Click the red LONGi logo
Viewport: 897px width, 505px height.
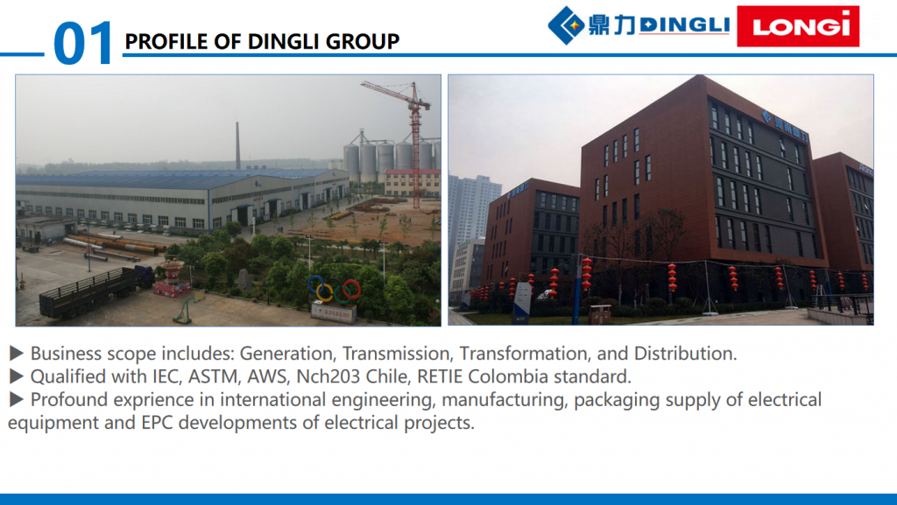click(798, 26)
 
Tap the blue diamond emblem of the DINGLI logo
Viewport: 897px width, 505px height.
click(567, 25)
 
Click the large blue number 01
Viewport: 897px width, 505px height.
click(83, 43)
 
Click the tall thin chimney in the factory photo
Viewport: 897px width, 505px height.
click(238, 145)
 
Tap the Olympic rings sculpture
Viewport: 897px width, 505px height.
click(334, 289)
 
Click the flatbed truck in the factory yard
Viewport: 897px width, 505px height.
click(96, 291)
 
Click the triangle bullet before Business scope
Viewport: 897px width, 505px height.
click(16, 354)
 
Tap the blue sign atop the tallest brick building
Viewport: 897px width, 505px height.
click(785, 126)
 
